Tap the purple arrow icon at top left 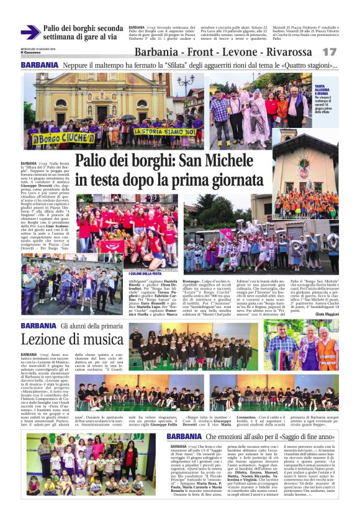[30, 32]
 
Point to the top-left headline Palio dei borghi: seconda [83, 29]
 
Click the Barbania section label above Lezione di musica [38, 325]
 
